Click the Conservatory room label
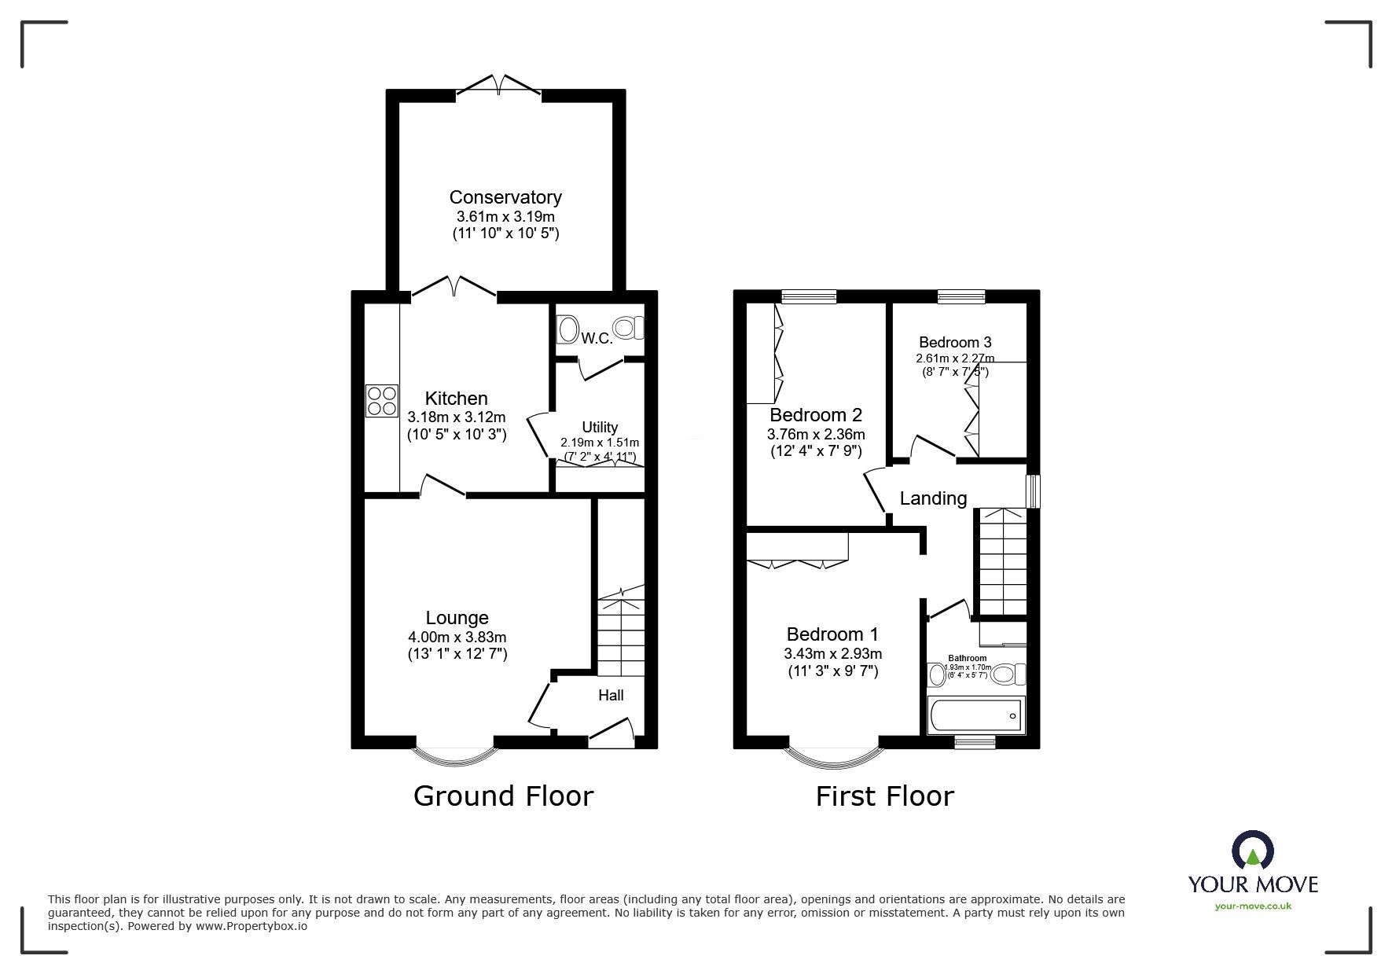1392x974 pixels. coord(505,197)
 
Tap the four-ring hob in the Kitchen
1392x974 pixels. coord(381,400)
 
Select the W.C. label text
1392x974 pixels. coord(597,339)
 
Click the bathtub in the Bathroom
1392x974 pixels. coord(975,715)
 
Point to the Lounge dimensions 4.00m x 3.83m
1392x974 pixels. coord(456,637)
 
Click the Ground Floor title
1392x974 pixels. coord(503,796)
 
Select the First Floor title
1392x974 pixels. coord(884,796)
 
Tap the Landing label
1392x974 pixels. coord(933,498)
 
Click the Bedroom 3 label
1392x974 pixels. coord(955,342)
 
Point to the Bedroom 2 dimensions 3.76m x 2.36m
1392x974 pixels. coord(815,434)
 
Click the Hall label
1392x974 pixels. coord(611,695)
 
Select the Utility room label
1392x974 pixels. coord(600,428)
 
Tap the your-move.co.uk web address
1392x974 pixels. coord(1253,906)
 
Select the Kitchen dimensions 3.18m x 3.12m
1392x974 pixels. coord(456,417)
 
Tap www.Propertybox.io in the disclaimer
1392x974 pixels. coord(251,926)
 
